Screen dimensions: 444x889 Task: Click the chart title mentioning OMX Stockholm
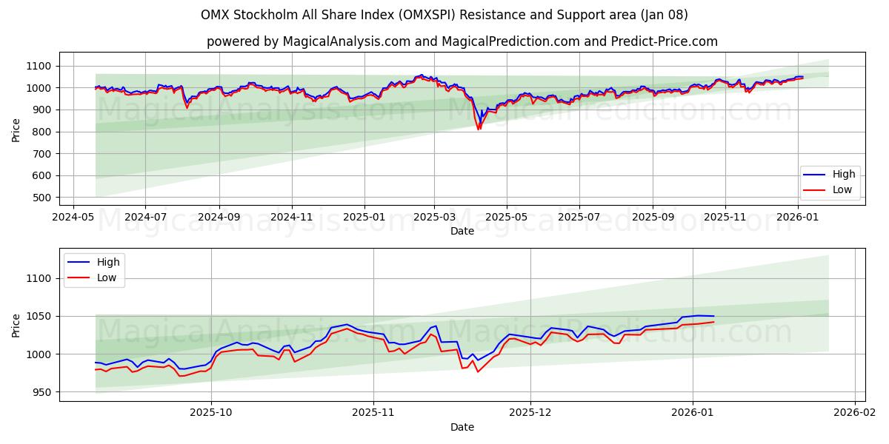[x=444, y=15]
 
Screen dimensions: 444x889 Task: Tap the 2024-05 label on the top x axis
[x=72, y=218]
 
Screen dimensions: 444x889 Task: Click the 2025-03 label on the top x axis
[x=434, y=218]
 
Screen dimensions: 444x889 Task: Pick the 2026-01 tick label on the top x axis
[x=798, y=218]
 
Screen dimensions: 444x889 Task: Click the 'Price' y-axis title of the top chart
[x=16, y=129]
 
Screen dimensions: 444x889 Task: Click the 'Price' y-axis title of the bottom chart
[x=16, y=325]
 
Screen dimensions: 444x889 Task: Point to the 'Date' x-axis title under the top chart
[x=462, y=231]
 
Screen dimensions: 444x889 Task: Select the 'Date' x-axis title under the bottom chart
[x=462, y=427]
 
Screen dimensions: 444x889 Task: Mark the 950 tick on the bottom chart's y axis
[x=43, y=392]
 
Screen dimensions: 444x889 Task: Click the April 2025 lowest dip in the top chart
[x=479, y=129]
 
